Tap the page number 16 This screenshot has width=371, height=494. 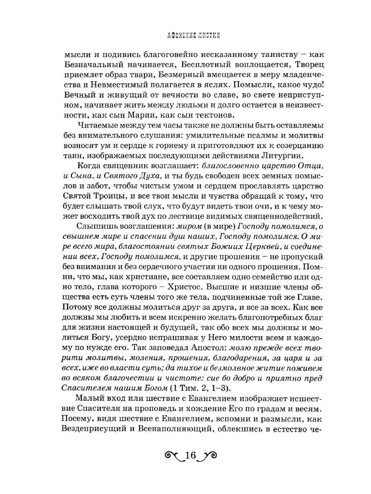189,456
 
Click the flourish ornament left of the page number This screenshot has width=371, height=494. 172,456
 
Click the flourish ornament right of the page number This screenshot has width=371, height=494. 207,456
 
